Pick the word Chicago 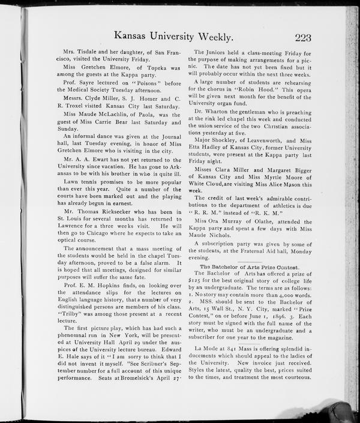[x=106, y=233]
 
